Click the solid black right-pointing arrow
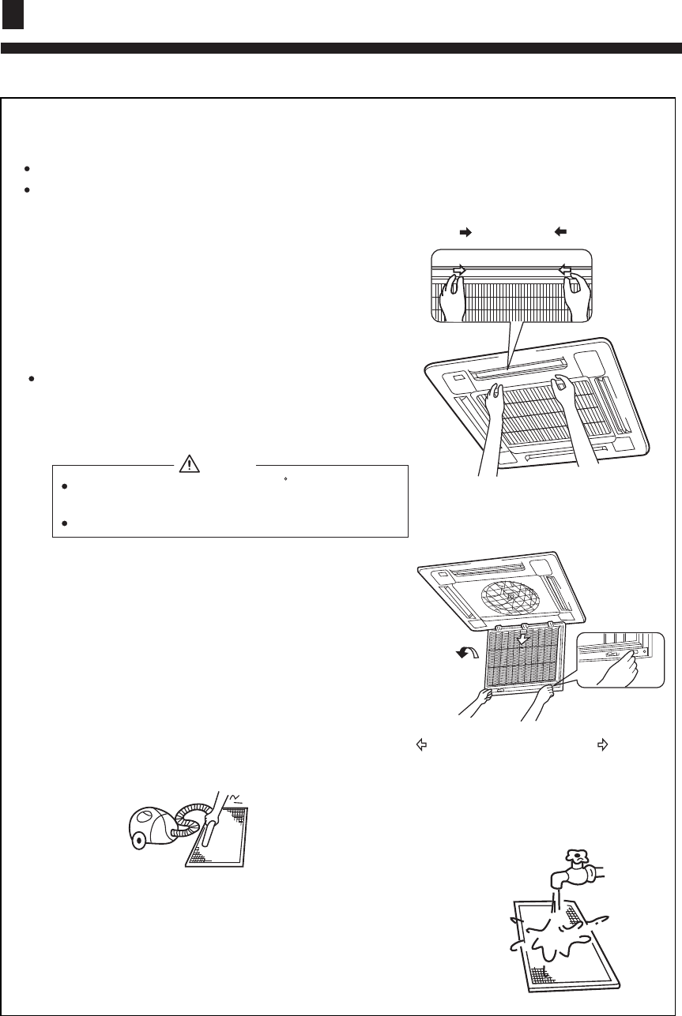(465, 232)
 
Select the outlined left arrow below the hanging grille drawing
(422, 743)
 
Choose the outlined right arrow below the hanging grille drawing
(601, 743)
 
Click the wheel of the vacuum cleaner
(141, 844)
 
